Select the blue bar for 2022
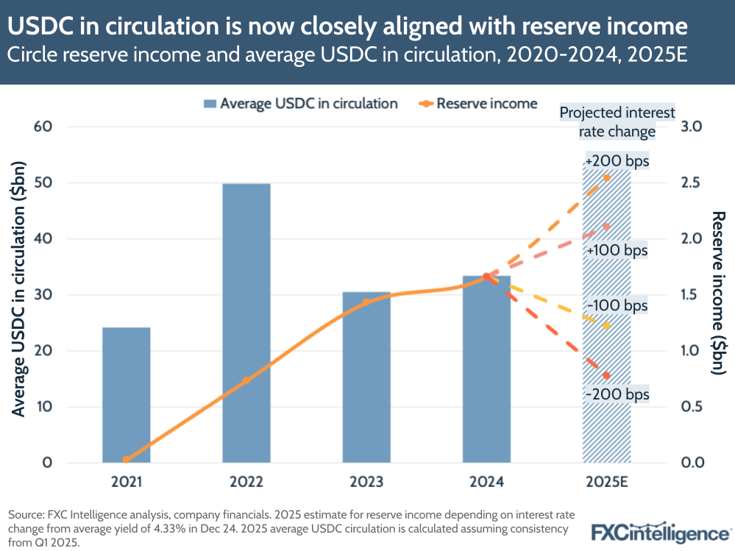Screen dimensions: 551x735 pyautogui.click(x=246, y=324)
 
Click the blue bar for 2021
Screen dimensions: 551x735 pyautogui.click(x=127, y=395)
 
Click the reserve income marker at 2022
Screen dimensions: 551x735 pyautogui.click(x=246, y=380)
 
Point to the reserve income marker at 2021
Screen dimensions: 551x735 pyautogui.click(x=127, y=459)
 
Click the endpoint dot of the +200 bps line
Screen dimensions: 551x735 pyautogui.click(x=606, y=177)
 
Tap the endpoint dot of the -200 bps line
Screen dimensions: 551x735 pyautogui.click(x=606, y=376)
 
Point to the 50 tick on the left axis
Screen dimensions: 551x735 pyautogui.click(x=43, y=182)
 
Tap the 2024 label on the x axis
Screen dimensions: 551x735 pyautogui.click(x=486, y=483)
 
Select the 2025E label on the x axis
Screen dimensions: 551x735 pyautogui.click(x=606, y=483)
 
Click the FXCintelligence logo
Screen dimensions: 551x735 pyautogui.click(x=659, y=532)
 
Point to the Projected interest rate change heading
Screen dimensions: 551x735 pyautogui.click(x=606, y=122)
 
